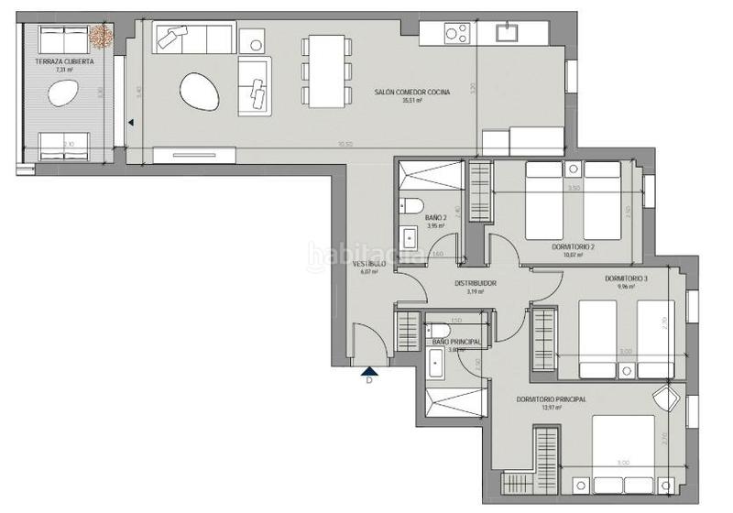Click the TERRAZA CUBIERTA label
pos(64,60)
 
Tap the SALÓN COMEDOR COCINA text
pos(411,92)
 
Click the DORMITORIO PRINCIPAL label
pos(551,399)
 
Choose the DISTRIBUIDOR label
pos(476,283)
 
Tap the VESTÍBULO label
pos(369,264)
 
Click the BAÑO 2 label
pos(434,217)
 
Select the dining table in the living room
pos(326,71)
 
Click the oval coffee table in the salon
pos(199,90)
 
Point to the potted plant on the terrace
pos(100,36)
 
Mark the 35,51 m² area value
pos(411,101)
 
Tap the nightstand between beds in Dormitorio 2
pos(573,169)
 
